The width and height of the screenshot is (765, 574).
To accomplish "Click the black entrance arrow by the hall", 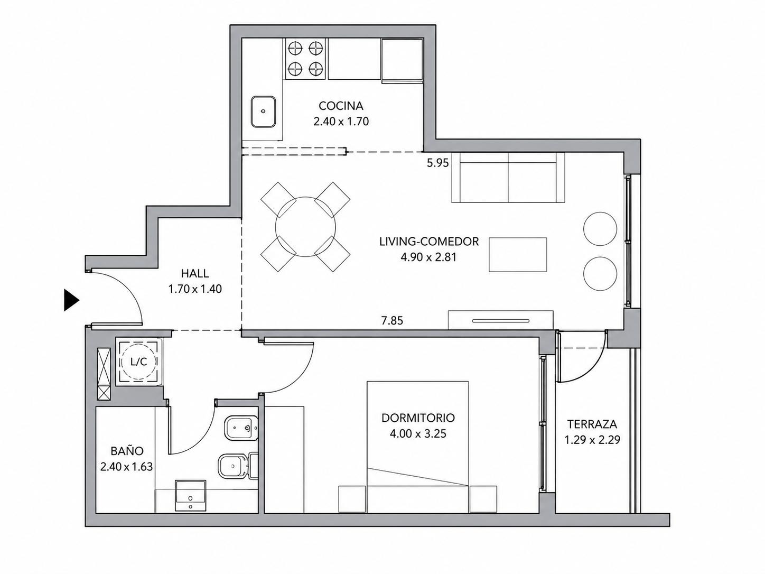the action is [x=71, y=300].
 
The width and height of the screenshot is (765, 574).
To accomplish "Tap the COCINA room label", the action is [x=341, y=106].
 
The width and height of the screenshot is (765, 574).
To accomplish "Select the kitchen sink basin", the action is [x=264, y=112].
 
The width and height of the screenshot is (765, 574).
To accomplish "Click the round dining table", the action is [x=305, y=227].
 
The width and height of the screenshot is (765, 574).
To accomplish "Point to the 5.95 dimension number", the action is [x=438, y=163].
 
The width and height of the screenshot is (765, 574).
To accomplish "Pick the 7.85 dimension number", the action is [x=392, y=320].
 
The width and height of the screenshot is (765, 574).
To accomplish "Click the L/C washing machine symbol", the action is [x=138, y=362].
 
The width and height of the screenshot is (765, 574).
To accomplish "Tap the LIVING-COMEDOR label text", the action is [x=429, y=241].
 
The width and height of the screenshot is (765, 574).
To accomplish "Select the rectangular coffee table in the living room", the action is [x=518, y=254].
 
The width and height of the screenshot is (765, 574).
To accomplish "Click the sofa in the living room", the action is [x=508, y=178].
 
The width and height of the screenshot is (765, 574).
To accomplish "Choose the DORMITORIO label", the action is [x=418, y=418].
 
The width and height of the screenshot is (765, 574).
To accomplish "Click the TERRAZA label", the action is [x=592, y=424].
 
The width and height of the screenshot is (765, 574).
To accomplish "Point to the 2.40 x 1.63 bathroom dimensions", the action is [x=126, y=467].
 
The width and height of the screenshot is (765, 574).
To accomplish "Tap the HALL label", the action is [x=195, y=273].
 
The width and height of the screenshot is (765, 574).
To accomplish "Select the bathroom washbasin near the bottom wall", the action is [x=191, y=496].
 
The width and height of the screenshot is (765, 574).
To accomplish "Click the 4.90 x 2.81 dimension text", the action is [x=428, y=257].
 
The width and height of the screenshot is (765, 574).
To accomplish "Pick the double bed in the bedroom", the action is [x=417, y=447].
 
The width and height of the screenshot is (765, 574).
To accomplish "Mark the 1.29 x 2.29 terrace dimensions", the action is [x=592, y=440].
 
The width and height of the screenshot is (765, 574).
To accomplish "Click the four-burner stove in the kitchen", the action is [x=305, y=59].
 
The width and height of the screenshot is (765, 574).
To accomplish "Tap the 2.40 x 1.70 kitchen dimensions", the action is [x=341, y=121].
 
